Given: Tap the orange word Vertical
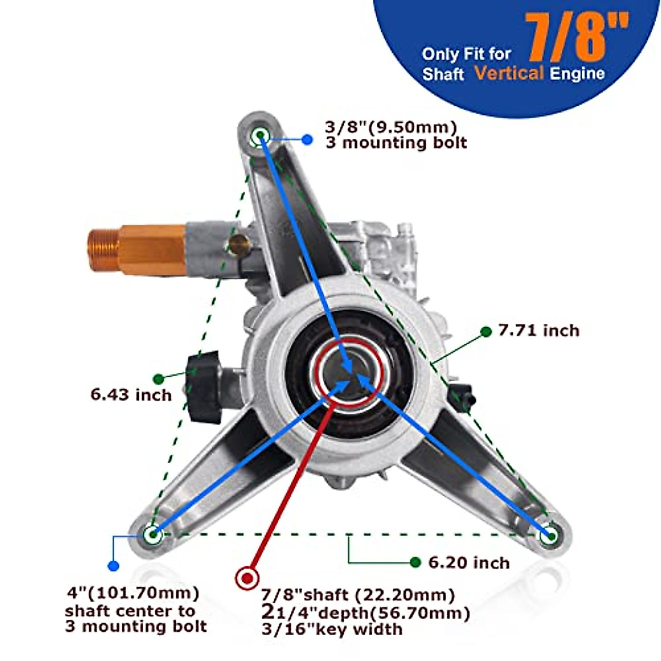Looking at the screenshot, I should click(x=509, y=73).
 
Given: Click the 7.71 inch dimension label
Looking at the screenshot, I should click(x=539, y=330).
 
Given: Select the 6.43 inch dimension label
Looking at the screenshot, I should click(x=131, y=394).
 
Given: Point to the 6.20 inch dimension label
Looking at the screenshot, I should click(x=469, y=562).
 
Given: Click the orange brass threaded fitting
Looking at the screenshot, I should click(x=138, y=248).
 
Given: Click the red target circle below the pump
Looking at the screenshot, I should click(x=247, y=578).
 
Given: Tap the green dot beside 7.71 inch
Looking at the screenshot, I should click(x=486, y=331).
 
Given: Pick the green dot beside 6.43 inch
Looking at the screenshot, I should click(x=158, y=378).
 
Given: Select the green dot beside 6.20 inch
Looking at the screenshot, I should click(x=416, y=562).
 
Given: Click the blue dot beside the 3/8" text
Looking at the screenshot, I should click(x=307, y=140).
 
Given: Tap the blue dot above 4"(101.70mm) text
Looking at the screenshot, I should click(x=114, y=566).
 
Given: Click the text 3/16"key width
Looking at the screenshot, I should click(x=332, y=629).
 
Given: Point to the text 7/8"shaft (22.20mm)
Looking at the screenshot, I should click(x=358, y=595).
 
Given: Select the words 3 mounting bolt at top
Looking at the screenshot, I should click(x=396, y=143).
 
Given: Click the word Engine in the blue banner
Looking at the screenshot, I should click(x=577, y=73).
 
